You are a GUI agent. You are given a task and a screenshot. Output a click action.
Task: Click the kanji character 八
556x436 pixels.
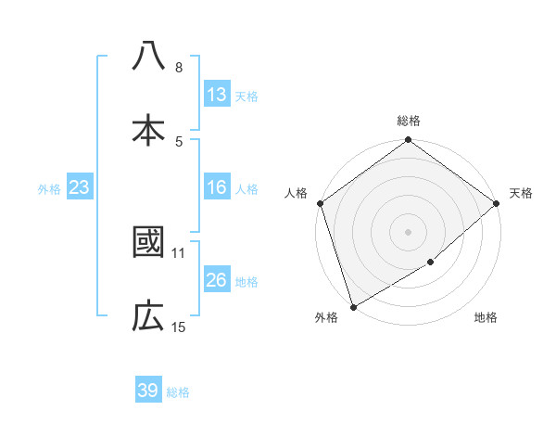point(148,57)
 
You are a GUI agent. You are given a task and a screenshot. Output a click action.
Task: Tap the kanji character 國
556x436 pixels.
point(148,242)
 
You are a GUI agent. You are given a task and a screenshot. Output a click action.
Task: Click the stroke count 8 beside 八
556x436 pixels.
point(179,68)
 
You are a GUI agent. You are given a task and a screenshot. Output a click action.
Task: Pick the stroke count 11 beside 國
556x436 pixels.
point(179,251)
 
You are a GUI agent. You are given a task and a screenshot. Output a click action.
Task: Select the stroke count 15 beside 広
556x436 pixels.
point(179,327)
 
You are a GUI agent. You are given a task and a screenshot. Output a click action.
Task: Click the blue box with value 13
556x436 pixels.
point(216,94)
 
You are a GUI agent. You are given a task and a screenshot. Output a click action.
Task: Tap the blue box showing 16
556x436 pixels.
point(216,187)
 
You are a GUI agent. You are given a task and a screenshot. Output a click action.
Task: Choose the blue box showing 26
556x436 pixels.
point(216,280)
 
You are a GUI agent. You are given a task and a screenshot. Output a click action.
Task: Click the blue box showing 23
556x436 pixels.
point(79,187)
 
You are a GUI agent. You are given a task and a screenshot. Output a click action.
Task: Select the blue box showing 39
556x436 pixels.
point(148,391)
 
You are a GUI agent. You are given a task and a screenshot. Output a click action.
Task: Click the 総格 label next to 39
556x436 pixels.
point(178,392)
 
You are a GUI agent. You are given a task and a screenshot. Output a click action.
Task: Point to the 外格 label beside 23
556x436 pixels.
point(49,189)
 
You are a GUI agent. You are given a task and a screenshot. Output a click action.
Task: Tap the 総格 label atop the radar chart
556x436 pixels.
point(409,121)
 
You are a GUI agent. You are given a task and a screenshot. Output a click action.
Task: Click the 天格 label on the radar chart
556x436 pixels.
point(522,193)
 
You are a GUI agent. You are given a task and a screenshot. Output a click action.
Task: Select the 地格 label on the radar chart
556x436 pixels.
point(486,318)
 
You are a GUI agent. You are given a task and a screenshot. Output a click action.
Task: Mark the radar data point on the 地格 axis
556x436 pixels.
point(431,263)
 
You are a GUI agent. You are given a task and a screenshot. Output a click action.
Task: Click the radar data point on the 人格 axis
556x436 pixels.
point(320,202)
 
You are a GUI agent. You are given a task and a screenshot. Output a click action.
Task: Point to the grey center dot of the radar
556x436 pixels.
point(408,231)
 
